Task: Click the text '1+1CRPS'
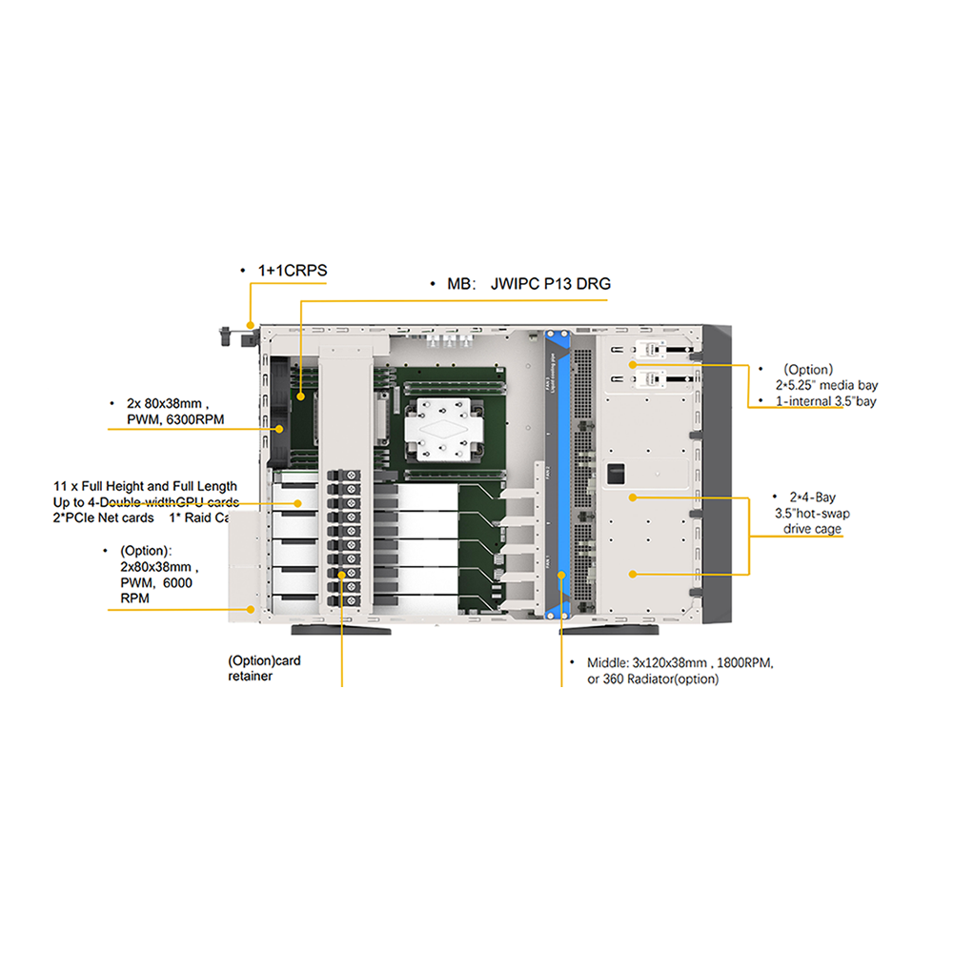pos(293,271)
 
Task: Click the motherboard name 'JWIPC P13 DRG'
pos(551,284)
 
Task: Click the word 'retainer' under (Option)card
pos(251,676)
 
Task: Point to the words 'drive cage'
pos(813,529)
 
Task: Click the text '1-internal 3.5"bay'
pos(826,401)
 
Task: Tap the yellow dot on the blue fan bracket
pos(562,575)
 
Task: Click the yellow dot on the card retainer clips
pos(341,575)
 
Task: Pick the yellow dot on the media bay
pos(632,365)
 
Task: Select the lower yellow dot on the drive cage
pos(632,574)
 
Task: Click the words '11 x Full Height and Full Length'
pos(145,486)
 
